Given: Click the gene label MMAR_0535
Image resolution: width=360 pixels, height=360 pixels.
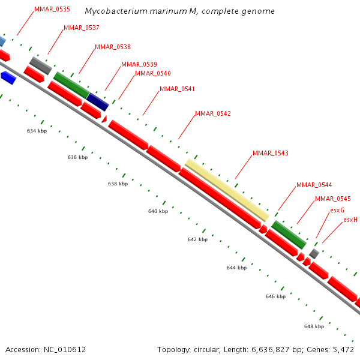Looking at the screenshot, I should tap(52, 10).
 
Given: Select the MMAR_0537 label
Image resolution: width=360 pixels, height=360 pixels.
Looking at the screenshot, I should tap(82, 28).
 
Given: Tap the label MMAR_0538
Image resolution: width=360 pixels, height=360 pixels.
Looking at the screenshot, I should tap(113, 47).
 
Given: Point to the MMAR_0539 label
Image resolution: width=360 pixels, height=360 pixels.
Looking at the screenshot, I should tap(139, 64).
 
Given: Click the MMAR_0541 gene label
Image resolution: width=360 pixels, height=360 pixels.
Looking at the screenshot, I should tap(177, 89).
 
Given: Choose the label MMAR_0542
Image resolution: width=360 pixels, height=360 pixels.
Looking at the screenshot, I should tap(213, 113).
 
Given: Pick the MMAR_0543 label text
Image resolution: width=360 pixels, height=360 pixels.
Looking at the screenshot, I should tap(271, 153).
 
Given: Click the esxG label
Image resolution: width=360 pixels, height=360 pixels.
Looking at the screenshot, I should tap(337, 210).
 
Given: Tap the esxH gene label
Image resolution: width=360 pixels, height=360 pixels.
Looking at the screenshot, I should tap(350, 220).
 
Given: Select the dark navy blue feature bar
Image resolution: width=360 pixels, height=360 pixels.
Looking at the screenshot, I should tap(98, 102).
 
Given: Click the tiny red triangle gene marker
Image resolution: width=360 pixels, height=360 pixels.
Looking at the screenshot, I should tap(104, 119).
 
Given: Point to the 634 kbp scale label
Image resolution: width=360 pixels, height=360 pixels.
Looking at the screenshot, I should tap(37, 130).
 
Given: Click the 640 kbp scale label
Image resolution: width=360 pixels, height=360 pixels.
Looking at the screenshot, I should tap(158, 211).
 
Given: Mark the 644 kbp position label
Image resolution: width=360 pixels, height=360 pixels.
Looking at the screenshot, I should tap(236, 268).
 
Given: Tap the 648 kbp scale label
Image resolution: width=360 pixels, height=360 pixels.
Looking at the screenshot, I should tap(314, 326).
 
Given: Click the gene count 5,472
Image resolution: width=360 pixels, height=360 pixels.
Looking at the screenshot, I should tap(343, 349).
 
